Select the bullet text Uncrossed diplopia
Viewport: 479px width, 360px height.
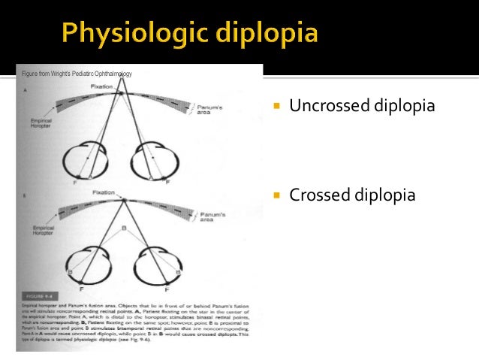362,106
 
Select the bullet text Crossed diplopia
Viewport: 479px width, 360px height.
352,195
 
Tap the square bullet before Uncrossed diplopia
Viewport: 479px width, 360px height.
276,107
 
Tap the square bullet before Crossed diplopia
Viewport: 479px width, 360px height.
276,196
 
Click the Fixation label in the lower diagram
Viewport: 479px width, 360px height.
104,192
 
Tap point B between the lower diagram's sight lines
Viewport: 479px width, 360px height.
123,227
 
